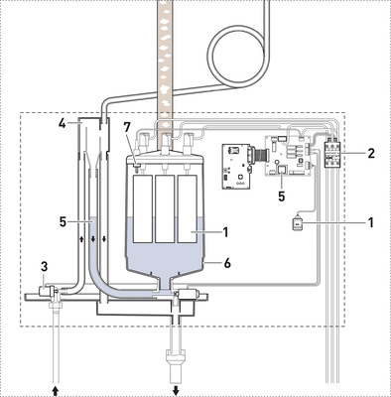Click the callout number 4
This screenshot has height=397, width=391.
(x=63, y=124)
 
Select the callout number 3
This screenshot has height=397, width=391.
(x=45, y=266)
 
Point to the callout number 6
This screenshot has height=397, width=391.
(x=227, y=263)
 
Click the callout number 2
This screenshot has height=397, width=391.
(x=371, y=153)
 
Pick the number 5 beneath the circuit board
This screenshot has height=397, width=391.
(x=282, y=197)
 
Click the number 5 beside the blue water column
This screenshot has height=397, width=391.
(x=64, y=221)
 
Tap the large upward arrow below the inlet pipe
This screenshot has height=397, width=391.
(x=56, y=390)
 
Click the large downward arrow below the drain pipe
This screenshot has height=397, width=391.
(x=176, y=390)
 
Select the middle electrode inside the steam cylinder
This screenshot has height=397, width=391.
(x=165, y=208)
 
